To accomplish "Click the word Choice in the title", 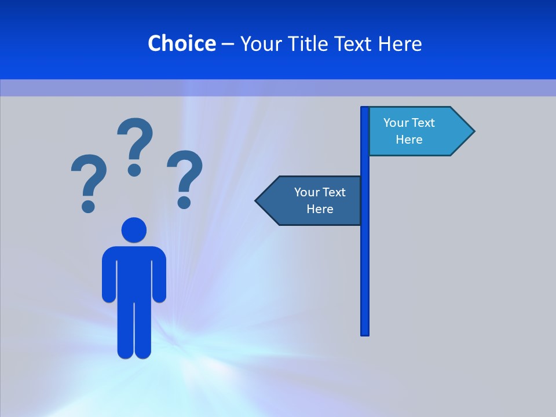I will [x=181, y=43].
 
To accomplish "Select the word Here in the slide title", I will [x=400, y=43].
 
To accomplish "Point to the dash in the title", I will [x=228, y=44].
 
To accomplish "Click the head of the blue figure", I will [x=134, y=230].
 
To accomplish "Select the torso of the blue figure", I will [x=134, y=272].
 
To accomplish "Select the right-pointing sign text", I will [x=409, y=131].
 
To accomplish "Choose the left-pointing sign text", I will [x=320, y=200].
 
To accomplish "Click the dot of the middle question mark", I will [x=134, y=169].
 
